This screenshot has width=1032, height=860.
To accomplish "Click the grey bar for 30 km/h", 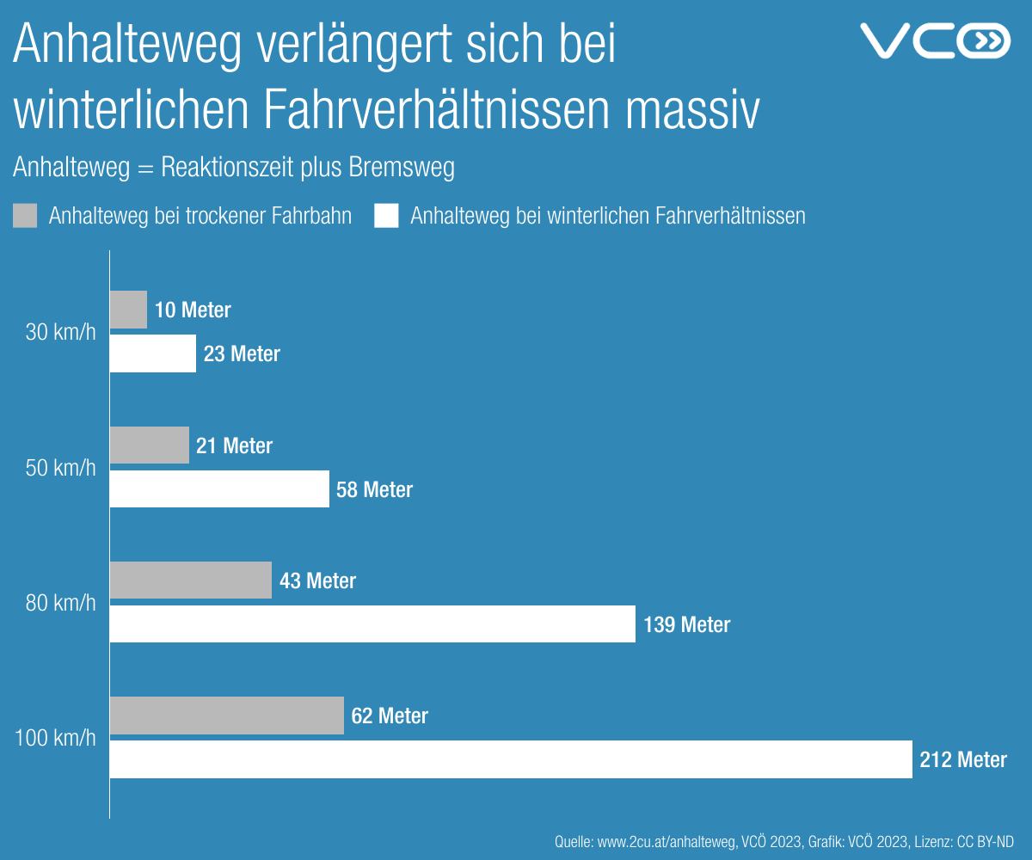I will coord(129,310).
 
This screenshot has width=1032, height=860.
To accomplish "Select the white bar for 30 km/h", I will coord(153,353).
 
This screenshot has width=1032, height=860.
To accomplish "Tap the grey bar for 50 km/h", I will coord(150,445).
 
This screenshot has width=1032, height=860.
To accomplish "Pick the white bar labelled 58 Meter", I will coord(219,488).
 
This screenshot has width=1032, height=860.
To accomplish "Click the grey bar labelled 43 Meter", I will coord(191,580).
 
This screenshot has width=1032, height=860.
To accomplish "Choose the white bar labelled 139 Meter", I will coord(372,623).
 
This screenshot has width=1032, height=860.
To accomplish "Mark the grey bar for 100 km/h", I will coord(227,716).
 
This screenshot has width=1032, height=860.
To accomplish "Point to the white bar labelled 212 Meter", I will coord(511,759).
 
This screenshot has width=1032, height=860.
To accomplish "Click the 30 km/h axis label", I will coord(61,332).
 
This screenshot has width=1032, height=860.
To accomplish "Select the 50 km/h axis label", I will coord(61,467).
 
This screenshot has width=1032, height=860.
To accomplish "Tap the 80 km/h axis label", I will coord(61,602).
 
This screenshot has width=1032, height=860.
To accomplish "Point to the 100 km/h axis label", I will coord(56,737).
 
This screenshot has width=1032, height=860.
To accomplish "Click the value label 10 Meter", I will coord(193,310).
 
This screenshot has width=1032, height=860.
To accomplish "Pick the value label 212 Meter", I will coord(963,759).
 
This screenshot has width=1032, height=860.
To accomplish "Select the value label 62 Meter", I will coord(390,716).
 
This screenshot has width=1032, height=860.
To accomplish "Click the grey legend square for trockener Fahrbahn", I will coord(26,216).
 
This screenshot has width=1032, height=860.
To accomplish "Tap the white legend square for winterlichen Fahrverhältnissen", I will coord(387,216).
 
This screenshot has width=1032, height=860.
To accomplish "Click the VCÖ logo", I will coord(935,41).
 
